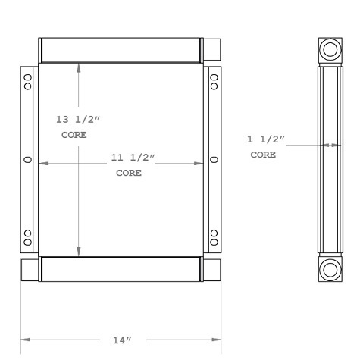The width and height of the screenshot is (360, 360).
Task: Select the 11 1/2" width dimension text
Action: pos(133,158)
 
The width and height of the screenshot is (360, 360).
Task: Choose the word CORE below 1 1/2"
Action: pos(263,154)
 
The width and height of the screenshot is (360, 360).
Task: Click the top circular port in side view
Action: pos(330,51)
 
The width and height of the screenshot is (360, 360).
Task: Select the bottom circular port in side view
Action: pos(330,268)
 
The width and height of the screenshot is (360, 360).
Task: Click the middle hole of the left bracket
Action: pos(28,160)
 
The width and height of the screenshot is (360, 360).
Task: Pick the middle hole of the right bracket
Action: pos(213,160)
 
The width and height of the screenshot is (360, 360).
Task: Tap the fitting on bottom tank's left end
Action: pos(29,269)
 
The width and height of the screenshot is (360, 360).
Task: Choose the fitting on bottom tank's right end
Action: pos(211,269)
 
